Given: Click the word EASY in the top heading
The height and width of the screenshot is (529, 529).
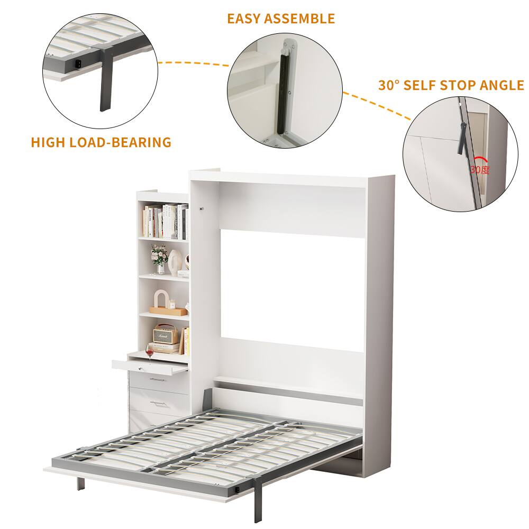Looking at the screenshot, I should [x=245, y=19].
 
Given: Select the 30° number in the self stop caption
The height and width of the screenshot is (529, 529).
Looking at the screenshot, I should [x=389, y=85].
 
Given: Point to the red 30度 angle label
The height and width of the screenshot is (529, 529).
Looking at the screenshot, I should [x=480, y=169].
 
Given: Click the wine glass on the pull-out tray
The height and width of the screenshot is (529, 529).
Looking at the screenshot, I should [x=150, y=352].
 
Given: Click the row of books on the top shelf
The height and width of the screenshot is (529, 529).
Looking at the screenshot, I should [x=166, y=221].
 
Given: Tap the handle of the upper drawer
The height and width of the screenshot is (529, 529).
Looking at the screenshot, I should [x=158, y=379].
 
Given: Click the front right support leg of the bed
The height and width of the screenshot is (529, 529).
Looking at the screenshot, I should [x=259, y=494].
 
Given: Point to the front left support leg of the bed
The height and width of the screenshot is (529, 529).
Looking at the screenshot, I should [x=80, y=482].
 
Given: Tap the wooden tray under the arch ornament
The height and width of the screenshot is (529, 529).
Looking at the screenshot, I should [x=168, y=311].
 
